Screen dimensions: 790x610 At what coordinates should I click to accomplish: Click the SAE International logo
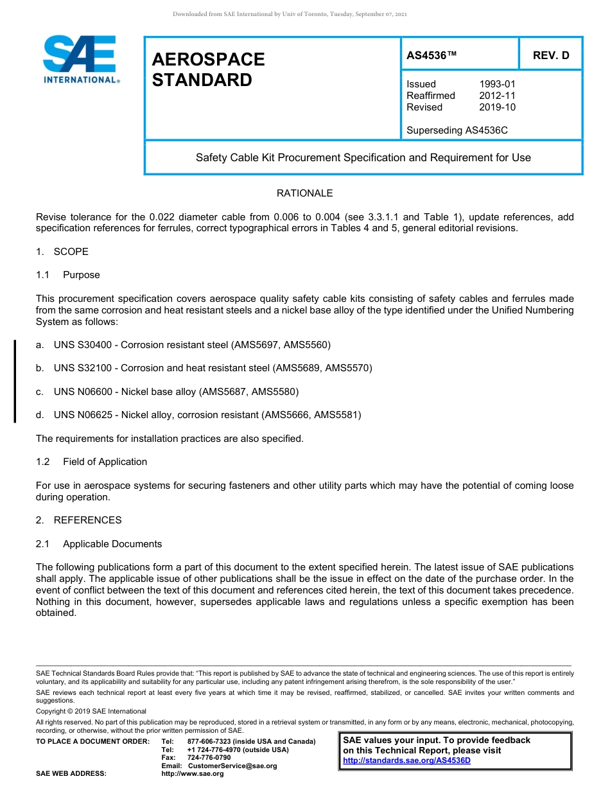coord(80,59)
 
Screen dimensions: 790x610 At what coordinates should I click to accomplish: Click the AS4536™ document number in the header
coord(431,56)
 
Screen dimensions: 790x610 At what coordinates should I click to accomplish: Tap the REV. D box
coord(550,56)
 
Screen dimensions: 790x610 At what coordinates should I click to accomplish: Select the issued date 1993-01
coord(497,84)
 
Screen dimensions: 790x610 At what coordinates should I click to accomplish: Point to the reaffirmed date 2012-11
coord(497,96)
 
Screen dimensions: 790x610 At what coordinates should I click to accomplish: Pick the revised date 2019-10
coord(497,107)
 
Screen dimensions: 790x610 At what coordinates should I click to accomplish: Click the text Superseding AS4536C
coord(457,130)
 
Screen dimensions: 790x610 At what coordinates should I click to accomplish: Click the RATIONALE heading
coord(304,193)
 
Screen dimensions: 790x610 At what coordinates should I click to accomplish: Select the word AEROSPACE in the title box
coord(208,60)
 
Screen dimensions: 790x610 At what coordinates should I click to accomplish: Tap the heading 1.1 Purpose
coord(68,275)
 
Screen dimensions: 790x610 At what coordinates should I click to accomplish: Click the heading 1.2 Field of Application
coord(91,462)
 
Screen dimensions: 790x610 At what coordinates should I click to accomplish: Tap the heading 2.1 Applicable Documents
coord(99,544)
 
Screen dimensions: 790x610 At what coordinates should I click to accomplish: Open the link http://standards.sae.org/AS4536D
coord(406,760)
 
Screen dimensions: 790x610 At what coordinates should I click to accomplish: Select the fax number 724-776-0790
coord(209,758)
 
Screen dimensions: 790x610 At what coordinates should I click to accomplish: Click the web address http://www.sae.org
coord(193,774)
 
